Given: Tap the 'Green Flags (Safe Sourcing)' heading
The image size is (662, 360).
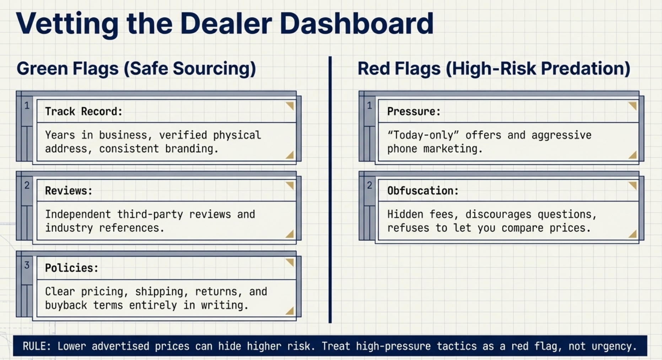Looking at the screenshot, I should [136, 69].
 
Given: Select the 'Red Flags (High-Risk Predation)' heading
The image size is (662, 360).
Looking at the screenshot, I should [494, 69].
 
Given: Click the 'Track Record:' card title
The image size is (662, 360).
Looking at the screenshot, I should [84, 112].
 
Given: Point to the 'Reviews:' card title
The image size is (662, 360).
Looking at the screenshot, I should [69, 191].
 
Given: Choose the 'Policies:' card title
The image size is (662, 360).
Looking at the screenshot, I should [71, 268].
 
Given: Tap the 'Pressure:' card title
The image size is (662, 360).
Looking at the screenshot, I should [414, 112].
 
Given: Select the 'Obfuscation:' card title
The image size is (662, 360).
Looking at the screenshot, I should [423, 191].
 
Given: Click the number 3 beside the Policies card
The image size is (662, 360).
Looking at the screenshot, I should [27, 265].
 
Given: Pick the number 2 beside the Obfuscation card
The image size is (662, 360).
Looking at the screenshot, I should [370, 185].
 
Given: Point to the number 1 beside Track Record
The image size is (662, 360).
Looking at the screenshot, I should [27, 106].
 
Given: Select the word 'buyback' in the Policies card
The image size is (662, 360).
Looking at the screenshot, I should [66, 305].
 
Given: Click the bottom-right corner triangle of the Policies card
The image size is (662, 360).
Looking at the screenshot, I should [290, 311].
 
